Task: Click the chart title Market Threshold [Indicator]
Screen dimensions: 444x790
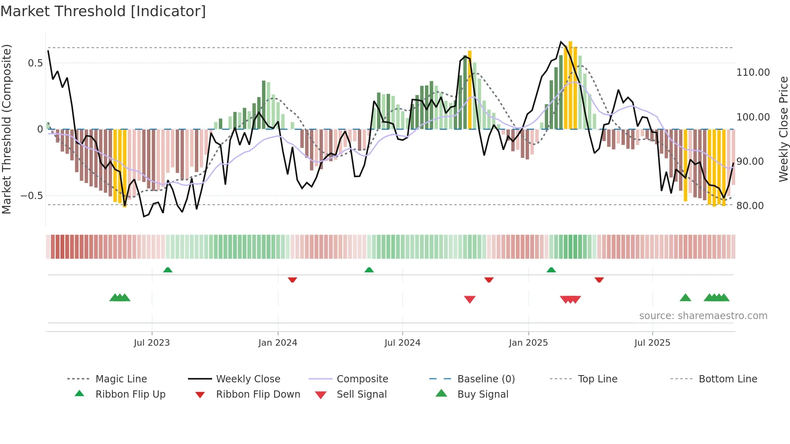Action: [x=103, y=11]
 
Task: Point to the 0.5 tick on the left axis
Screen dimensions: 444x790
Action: [x=35, y=63]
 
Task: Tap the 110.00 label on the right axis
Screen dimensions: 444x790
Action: [x=753, y=73]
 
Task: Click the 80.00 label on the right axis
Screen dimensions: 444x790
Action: [x=750, y=206]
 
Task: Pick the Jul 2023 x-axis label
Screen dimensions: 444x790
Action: [x=152, y=343]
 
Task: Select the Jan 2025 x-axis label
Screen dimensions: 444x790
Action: [x=528, y=343]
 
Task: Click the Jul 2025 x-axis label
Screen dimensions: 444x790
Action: [x=652, y=343]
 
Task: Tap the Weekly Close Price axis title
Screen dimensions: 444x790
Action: [x=783, y=129]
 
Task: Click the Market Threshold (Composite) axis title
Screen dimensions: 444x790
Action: [x=6, y=129]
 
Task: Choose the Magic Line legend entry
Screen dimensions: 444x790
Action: [x=121, y=379]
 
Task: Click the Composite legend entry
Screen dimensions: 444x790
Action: [x=362, y=379]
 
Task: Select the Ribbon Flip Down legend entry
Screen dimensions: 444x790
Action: [x=258, y=394]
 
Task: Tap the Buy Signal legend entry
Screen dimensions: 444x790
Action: [x=482, y=394]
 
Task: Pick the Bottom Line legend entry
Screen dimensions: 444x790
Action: [x=728, y=379]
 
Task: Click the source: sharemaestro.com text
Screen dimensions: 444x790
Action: [x=703, y=316]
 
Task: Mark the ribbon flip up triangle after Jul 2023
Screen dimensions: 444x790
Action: [x=168, y=270]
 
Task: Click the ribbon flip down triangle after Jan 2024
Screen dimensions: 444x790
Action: [x=292, y=280]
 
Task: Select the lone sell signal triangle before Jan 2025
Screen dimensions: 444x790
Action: [x=470, y=299]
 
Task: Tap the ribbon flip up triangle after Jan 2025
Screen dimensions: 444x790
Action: [x=551, y=270]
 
